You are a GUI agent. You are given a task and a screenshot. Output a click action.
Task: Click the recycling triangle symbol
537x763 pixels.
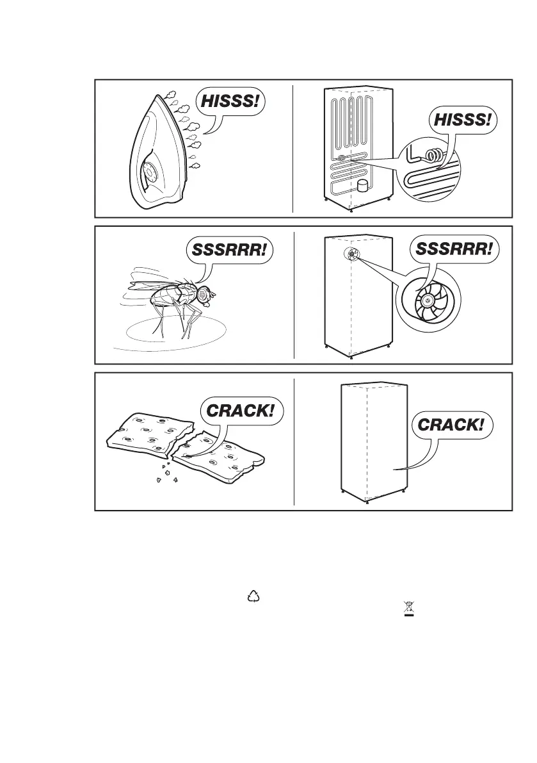[x=255, y=596]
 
